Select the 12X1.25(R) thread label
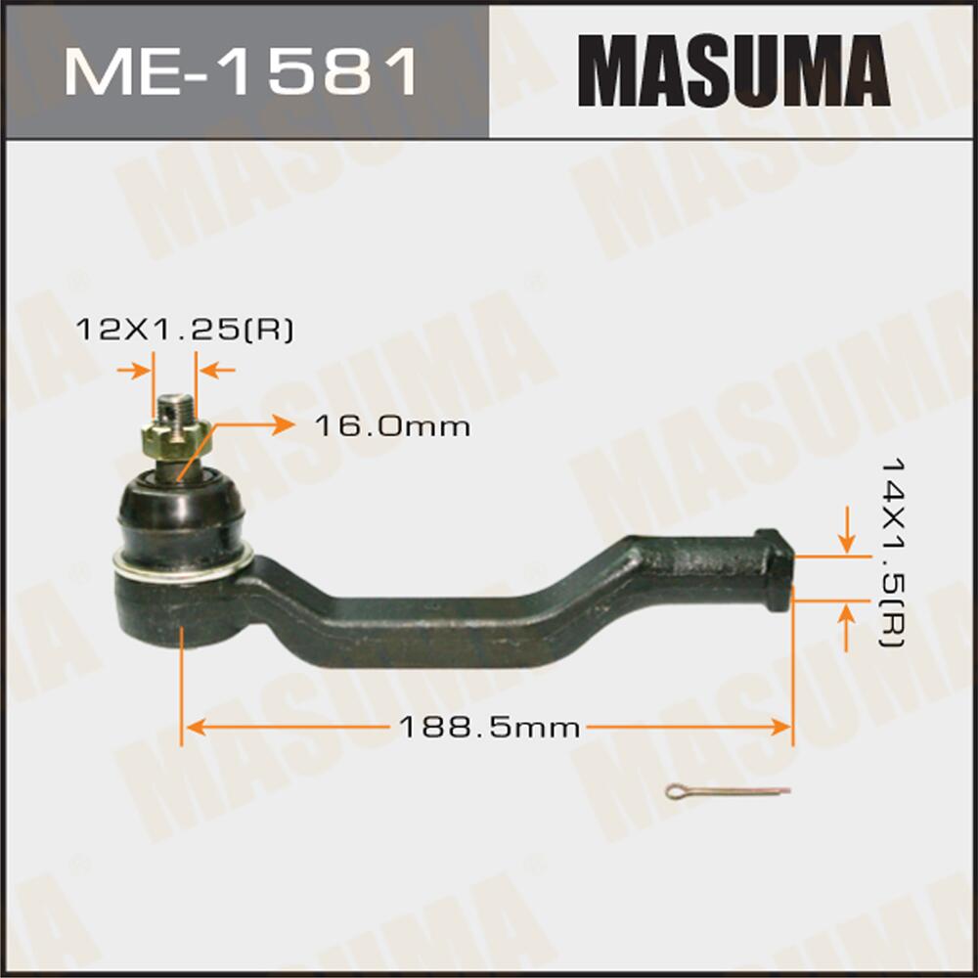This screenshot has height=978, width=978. tap(185, 331)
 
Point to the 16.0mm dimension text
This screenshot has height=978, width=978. tap(392, 426)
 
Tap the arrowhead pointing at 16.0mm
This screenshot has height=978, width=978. tap(283, 424)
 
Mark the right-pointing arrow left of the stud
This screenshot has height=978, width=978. tap(142, 371)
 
